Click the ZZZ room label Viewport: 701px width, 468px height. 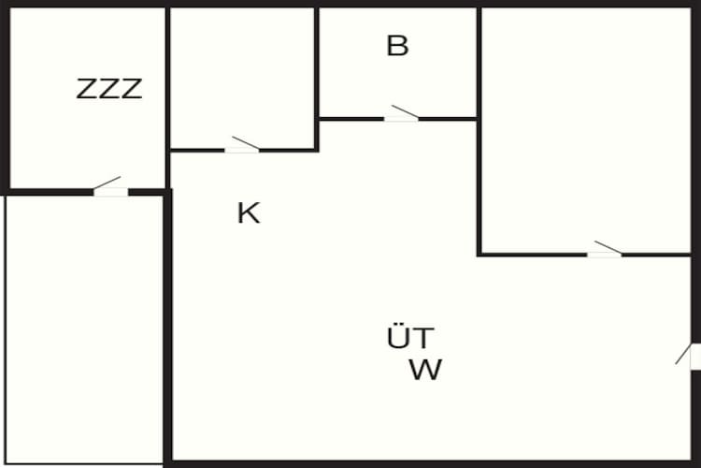(x=109, y=89)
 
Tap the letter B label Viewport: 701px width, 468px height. (x=397, y=46)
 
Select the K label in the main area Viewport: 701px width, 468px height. (x=249, y=212)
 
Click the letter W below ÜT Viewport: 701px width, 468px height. (x=425, y=370)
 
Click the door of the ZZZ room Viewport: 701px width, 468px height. (x=110, y=187)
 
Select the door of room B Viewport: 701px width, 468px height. (x=402, y=114)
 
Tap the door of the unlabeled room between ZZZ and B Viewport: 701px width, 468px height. (x=242, y=145)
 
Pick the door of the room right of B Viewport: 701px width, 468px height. (x=605, y=250)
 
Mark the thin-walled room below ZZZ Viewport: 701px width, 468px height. (x=84, y=330)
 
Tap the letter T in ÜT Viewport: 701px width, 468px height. (x=423, y=338)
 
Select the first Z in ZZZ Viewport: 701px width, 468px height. (x=87, y=89)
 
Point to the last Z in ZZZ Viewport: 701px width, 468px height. (x=132, y=89)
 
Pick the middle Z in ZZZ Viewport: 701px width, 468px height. (x=109, y=89)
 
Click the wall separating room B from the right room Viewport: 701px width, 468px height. (x=479, y=63)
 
